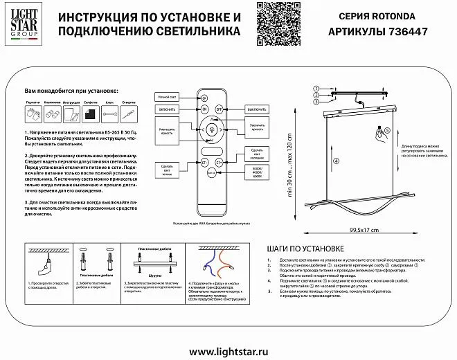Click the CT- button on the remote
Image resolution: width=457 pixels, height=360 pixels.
[206, 162]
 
